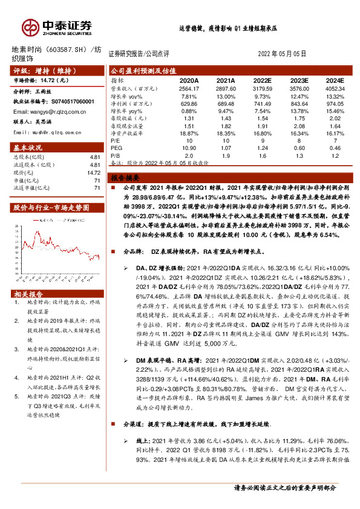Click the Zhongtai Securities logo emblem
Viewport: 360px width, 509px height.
tap(30, 25)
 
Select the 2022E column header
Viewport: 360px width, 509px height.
tap(262, 79)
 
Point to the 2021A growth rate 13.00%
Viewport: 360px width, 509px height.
tap(225, 96)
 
